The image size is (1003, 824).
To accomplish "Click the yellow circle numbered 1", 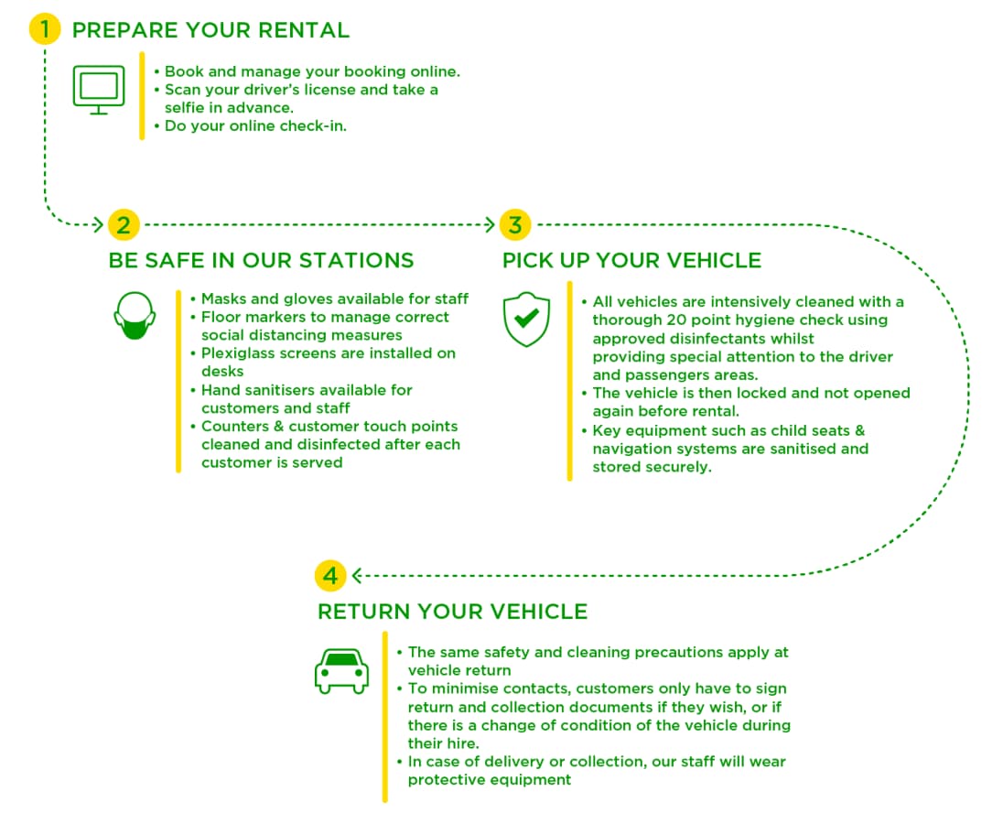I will click(44, 29).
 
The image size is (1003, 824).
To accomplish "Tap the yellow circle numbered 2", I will click(123, 224).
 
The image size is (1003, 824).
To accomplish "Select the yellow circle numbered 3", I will click(515, 224).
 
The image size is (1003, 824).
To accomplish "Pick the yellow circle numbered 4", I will click(330, 576).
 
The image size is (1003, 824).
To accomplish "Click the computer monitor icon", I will click(99, 90).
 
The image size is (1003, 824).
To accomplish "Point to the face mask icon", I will click(135, 316).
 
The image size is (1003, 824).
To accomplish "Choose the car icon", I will click(341, 670).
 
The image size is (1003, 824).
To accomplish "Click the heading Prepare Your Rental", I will click(210, 30).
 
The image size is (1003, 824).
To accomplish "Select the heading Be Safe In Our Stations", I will click(261, 260).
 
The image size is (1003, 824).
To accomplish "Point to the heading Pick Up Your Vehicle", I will click(631, 260).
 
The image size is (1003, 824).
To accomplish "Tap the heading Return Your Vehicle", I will click(452, 612).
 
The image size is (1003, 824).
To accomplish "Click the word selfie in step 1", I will click(186, 108).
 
